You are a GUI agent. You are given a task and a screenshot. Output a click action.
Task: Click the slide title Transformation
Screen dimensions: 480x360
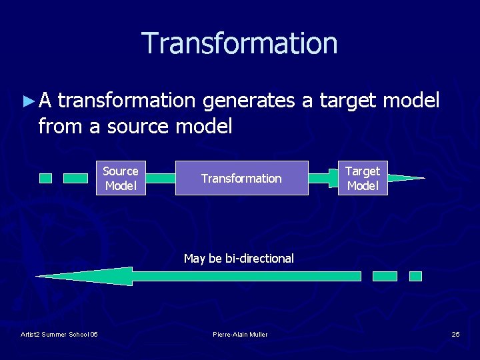239,43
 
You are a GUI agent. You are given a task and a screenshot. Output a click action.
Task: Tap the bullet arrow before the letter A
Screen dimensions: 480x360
27,101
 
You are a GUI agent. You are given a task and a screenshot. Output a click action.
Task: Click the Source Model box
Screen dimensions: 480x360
121,178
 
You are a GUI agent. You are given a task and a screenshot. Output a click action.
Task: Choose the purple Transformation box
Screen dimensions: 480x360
241,178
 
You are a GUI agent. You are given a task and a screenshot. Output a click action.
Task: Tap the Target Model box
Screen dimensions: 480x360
363,178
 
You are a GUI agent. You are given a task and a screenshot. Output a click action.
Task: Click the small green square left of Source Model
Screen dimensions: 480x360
45,178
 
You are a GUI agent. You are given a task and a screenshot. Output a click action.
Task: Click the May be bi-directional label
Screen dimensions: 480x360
239,258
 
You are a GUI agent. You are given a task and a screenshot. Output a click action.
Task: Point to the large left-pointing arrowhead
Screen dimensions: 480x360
87,276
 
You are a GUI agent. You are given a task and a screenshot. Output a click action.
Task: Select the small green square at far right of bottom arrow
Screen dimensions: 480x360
415,276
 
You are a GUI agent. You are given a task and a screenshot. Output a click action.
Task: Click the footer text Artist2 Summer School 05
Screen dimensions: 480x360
59,334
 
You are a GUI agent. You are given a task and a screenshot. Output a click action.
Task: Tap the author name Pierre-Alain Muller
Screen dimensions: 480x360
240,334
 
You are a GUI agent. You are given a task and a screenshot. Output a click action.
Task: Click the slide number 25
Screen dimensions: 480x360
455,334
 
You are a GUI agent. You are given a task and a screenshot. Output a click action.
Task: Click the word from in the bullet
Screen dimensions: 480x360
59,125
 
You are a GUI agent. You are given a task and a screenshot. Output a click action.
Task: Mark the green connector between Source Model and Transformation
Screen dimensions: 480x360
160,178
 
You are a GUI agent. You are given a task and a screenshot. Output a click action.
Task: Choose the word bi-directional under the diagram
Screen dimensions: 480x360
259,258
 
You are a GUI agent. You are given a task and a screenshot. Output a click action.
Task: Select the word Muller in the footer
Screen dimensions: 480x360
257,334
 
